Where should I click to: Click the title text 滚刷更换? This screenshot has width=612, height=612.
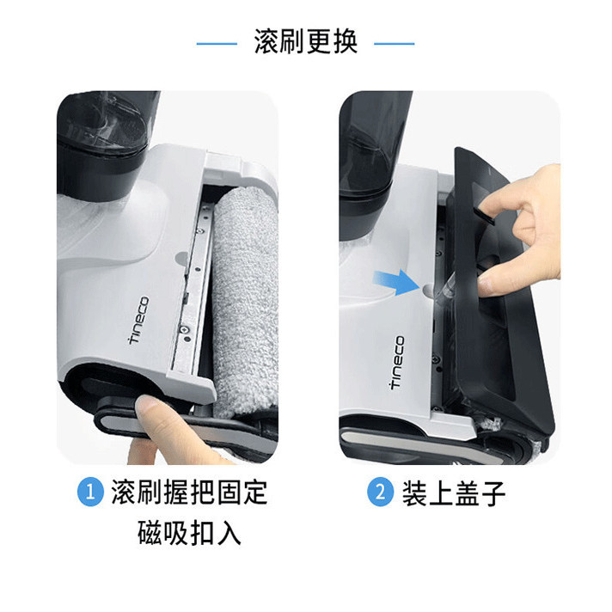click(x=305, y=42)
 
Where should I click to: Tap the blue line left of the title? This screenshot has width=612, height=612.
click(x=217, y=42)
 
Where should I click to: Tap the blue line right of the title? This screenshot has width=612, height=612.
click(x=395, y=42)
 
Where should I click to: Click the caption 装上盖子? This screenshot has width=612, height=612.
click(x=451, y=494)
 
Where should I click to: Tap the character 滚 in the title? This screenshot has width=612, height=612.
click(x=266, y=42)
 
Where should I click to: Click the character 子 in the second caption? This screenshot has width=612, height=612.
click(x=493, y=494)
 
